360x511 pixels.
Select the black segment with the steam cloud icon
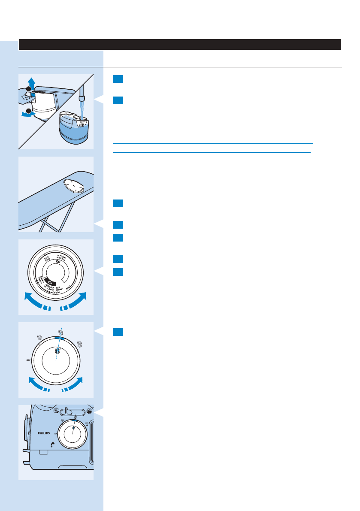click(x=51, y=282)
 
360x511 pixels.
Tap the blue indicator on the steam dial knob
click(x=57, y=351)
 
